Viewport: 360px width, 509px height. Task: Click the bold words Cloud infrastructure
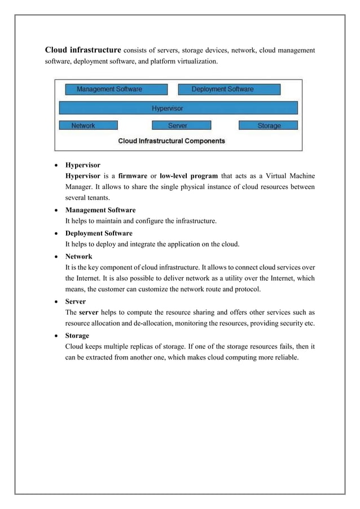click(82, 50)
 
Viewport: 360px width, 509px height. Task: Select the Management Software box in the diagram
click(116, 89)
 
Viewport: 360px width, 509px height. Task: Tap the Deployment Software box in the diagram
click(229, 89)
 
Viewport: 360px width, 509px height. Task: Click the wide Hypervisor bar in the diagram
click(178, 108)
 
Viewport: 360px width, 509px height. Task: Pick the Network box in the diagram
click(88, 125)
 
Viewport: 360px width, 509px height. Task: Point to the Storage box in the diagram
click(269, 125)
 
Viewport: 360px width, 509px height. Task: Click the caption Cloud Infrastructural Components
click(171, 141)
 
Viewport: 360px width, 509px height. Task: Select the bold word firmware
click(133, 176)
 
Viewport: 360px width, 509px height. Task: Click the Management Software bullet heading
click(100, 210)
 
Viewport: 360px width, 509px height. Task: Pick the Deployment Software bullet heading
click(99, 233)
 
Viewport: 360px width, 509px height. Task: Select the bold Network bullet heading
click(79, 256)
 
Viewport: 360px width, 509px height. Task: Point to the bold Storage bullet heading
click(77, 336)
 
